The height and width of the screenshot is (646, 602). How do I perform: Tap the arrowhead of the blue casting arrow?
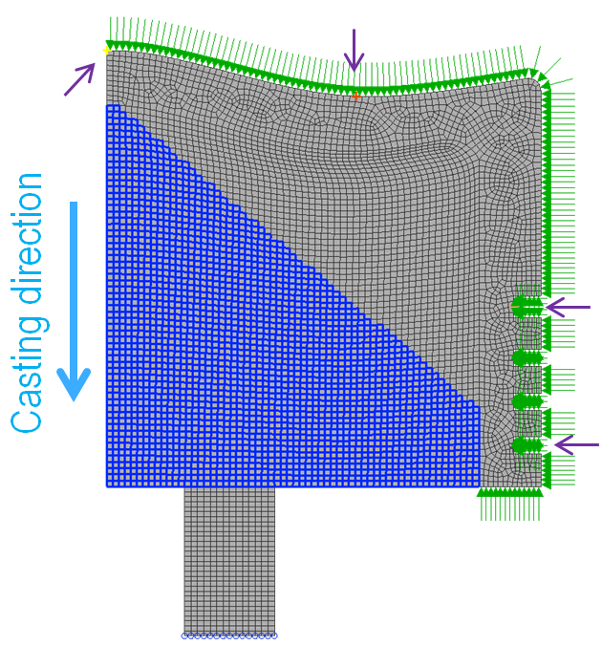pyautogui.click(x=74, y=384)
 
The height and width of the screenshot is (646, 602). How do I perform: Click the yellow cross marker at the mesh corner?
pyautogui.click(x=107, y=51)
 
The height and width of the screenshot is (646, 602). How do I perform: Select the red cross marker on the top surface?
pyautogui.click(x=356, y=97)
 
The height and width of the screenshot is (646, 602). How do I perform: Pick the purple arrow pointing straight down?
pyautogui.click(x=354, y=50)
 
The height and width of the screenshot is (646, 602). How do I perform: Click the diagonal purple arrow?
pyautogui.click(x=79, y=79)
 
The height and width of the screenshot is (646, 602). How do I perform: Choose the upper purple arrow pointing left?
pyautogui.click(x=568, y=307)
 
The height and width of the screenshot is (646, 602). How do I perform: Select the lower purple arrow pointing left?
pyautogui.click(x=576, y=445)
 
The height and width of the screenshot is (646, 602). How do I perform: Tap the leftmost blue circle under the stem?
pyautogui.click(x=185, y=635)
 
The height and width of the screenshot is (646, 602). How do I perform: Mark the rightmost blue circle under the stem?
pyautogui.click(x=274, y=635)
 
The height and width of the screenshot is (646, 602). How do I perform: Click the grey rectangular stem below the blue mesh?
pyautogui.click(x=229, y=559)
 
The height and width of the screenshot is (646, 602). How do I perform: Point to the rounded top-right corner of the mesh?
pyautogui.click(x=535, y=84)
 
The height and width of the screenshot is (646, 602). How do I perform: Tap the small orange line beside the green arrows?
pyautogui.click(x=514, y=307)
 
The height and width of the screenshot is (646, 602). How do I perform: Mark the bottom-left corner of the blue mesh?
pyautogui.click(x=107, y=486)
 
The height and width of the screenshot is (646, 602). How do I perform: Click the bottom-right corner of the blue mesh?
pyautogui.click(x=480, y=486)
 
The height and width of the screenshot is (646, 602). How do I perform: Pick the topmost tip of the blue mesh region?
pyautogui.click(x=113, y=105)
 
